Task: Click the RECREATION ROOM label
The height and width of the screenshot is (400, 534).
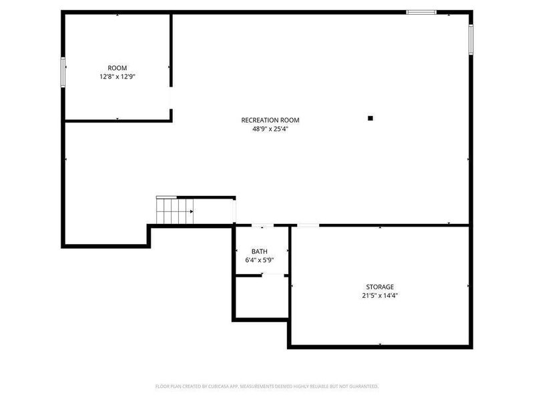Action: pos(270,121)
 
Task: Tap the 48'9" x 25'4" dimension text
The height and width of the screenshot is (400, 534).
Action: pos(270,129)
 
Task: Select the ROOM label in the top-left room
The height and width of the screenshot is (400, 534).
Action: pos(117,68)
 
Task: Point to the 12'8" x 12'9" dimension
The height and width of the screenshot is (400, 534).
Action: pos(117,77)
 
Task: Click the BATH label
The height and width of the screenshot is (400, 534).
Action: pos(260,251)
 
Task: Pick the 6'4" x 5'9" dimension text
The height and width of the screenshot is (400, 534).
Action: pos(260,260)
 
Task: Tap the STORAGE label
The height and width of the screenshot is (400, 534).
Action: pos(379,287)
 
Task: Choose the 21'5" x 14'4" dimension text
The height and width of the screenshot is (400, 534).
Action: pos(379,295)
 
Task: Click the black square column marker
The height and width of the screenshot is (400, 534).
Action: pos(370,119)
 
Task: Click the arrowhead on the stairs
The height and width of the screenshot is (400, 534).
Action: pos(192,211)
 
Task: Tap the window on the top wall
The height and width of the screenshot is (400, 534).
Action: pos(421,12)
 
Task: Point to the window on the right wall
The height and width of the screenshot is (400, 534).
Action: pos(471,39)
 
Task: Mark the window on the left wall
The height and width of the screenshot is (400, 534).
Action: pos(64,72)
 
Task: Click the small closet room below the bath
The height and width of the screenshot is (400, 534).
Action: pos(262,297)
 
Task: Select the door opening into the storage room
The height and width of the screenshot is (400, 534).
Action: pos(307,226)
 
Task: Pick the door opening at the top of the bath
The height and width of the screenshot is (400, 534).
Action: pos(262,226)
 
